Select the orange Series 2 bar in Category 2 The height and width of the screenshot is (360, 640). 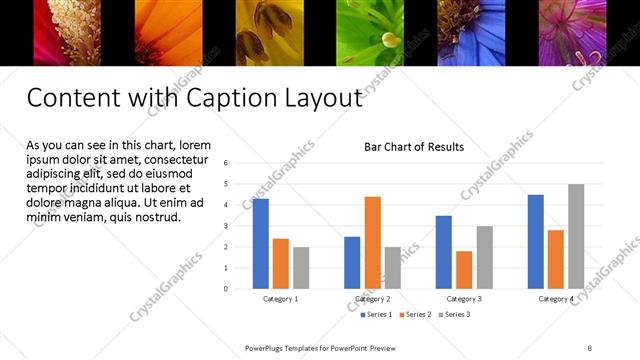(372, 242)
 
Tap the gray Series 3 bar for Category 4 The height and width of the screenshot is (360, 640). (576, 236)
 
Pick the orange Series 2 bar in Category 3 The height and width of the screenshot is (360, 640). (463, 269)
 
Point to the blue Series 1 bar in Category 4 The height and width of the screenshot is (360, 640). (535, 241)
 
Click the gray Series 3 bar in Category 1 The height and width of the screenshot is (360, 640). (301, 268)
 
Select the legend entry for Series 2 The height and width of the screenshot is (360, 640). (416, 315)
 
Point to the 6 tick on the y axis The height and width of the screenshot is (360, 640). (226, 163)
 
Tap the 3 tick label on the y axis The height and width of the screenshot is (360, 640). (226, 226)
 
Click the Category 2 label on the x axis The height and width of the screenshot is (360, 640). (372, 299)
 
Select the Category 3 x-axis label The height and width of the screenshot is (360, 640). (463, 299)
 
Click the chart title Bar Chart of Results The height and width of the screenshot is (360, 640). (413, 147)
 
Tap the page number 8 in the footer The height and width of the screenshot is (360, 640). (589, 348)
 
